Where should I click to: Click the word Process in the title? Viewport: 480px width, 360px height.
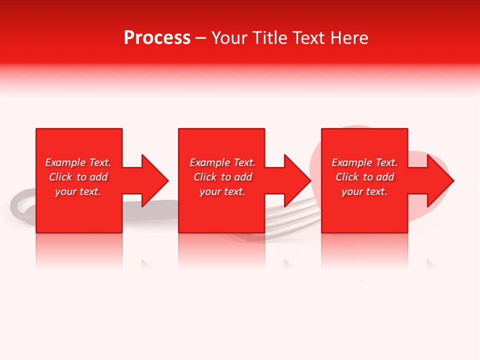pyautogui.click(x=157, y=38)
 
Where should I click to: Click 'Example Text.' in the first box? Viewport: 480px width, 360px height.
pyautogui.click(x=78, y=162)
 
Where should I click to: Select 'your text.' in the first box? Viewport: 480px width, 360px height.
pyautogui.click(x=78, y=191)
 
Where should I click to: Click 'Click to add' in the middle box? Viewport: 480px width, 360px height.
pyautogui.click(x=222, y=177)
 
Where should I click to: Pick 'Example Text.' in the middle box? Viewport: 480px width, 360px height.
pyautogui.click(x=222, y=162)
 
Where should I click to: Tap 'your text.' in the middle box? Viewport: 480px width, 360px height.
pyautogui.click(x=222, y=191)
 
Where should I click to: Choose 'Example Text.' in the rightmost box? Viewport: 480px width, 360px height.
pyautogui.click(x=364, y=162)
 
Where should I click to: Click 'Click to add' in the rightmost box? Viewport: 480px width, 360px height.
pyautogui.click(x=364, y=177)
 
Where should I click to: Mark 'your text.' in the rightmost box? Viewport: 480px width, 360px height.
pyautogui.click(x=364, y=191)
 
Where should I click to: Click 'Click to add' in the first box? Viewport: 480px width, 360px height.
pyautogui.click(x=78, y=177)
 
